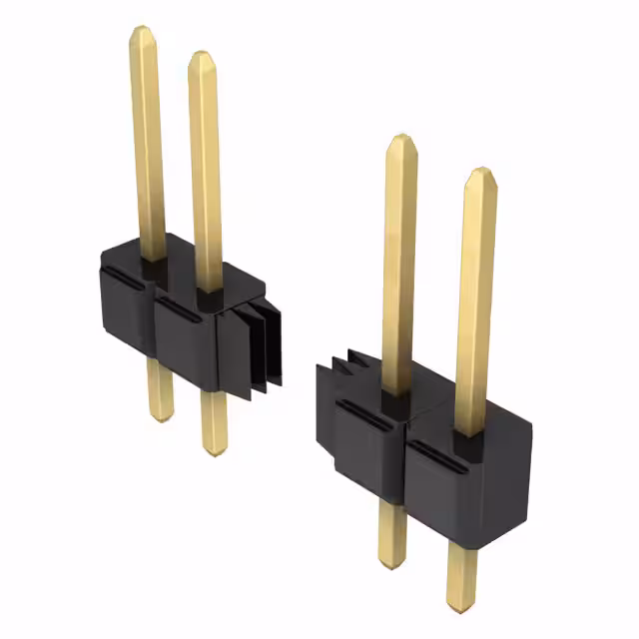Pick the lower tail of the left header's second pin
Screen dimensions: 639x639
[214, 424]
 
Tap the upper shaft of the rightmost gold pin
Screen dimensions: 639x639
[476, 300]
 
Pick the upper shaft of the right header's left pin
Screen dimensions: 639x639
[398, 260]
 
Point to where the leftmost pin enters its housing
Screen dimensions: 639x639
[152, 257]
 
